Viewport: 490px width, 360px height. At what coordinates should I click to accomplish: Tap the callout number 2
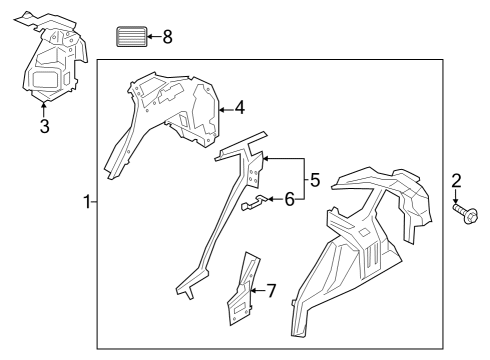click(x=456, y=181)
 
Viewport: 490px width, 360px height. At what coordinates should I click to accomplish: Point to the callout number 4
click(x=239, y=108)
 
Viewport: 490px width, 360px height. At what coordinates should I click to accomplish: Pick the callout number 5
click(x=314, y=181)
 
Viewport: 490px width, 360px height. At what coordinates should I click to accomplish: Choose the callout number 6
click(x=290, y=200)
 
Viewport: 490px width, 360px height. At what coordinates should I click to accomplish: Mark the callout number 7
click(x=270, y=291)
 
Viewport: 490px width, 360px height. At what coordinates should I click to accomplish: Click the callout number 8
click(x=167, y=37)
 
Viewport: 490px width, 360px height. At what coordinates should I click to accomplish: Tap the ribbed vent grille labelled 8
click(x=130, y=38)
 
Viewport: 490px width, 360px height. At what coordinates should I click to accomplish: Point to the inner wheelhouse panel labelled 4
click(x=180, y=110)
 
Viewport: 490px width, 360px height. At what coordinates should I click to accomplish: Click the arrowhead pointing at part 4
click(x=223, y=108)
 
